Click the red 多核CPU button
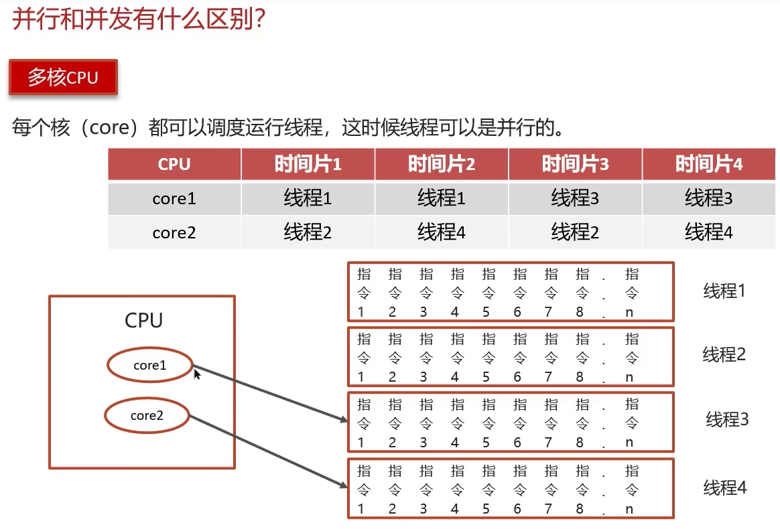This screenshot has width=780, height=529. click(x=63, y=78)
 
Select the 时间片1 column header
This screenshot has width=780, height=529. click(x=308, y=164)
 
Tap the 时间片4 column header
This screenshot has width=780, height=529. click(x=708, y=164)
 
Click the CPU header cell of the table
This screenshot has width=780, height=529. click(x=174, y=164)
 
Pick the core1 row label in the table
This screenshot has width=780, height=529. click(x=174, y=198)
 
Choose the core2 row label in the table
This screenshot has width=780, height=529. click(x=174, y=232)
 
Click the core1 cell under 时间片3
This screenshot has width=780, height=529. click(x=575, y=198)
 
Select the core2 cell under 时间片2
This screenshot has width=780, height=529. click(x=441, y=232)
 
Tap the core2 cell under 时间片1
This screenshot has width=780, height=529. click(x=308, y=232)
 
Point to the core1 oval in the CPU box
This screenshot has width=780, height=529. click(x=149, y=365)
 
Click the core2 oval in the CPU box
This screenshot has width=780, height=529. click(x=147, y=415)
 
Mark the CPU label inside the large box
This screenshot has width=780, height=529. click(x=143, y=320)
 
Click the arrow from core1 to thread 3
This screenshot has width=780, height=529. click(x=268, y=393)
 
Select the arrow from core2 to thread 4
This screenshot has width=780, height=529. click(x=268, y=452)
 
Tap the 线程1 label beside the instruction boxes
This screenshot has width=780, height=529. click(x=724, y=291)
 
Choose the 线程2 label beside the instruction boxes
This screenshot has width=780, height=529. click(x=724, y=354)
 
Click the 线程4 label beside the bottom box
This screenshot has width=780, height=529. click(x=724, y=487)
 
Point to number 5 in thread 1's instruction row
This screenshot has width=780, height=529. click(x=486, y=312)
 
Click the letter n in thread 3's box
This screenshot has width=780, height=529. click(x=629, y=442)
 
